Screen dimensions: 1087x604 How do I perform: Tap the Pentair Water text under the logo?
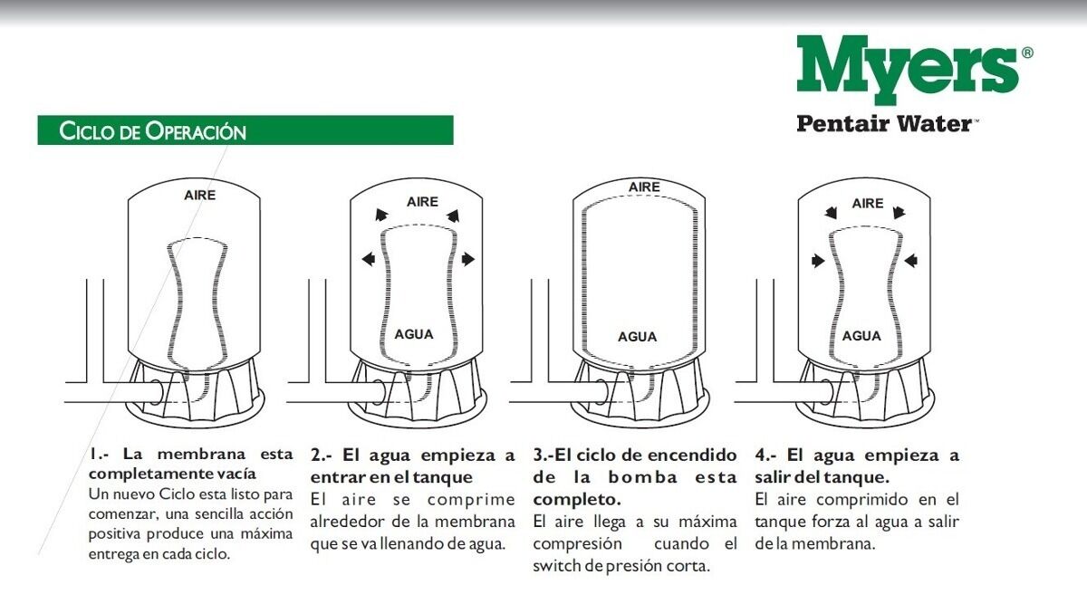885,123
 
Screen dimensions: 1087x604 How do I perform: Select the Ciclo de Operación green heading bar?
245,130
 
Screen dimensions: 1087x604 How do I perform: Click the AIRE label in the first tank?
199,195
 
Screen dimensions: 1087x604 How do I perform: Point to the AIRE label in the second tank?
422,202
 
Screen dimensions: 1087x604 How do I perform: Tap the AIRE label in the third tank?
644,187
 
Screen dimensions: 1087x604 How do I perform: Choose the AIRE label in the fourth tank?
868,203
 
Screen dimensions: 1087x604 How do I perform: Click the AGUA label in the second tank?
414,334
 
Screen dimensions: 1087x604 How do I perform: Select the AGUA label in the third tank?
637,337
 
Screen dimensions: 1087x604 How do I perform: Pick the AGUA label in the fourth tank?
861,336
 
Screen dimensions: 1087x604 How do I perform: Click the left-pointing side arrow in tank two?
369,259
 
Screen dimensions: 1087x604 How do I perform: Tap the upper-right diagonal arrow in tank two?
453,216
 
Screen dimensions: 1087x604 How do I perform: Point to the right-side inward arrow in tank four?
911,261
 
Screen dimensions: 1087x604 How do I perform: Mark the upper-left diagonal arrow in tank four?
832,213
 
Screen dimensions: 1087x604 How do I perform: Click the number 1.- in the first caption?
99,455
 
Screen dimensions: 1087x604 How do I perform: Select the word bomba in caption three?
642,477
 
